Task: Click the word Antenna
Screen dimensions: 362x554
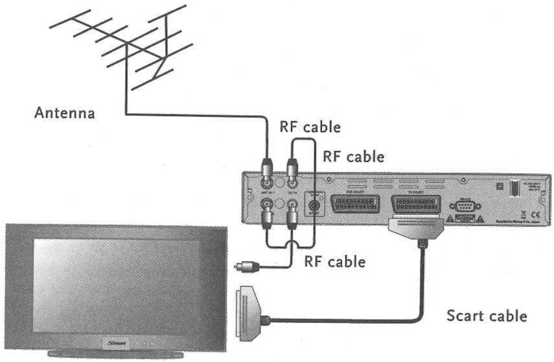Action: pos(65,113)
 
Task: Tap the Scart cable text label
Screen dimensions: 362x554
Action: pos(486,316)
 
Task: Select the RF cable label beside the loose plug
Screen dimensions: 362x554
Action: pos(335,262)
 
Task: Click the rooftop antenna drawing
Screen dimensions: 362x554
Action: pos(128,48)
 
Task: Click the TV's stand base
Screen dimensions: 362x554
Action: pos(116,353)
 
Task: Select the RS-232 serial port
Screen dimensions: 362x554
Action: pos(465,206)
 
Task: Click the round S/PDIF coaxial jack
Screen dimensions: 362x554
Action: pos(314,205)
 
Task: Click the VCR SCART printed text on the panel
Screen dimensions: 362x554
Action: pos(355,191)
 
